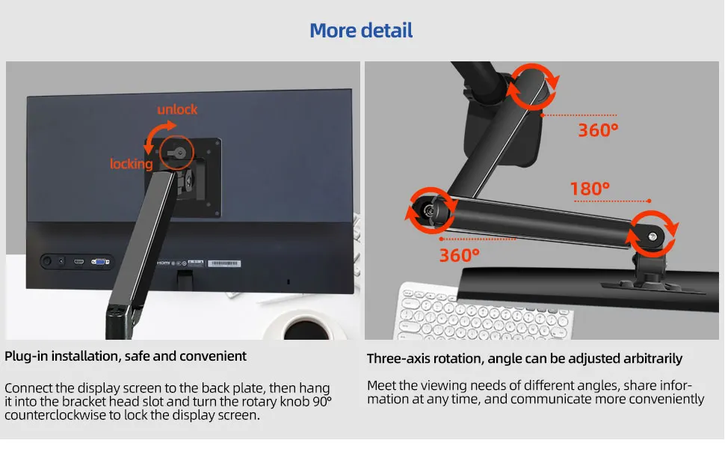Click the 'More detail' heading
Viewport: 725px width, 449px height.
tap(361, 31)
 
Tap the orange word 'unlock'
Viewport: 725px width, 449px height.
tap(177, 109)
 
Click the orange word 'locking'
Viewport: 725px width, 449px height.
tap(132, 164)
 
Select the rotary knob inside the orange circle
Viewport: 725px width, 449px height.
tap(179, 152)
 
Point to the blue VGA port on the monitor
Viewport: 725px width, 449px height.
tap(99, 262)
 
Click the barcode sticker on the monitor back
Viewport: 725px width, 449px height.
tap(223, 263)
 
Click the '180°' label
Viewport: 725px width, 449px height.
tap(590, 189)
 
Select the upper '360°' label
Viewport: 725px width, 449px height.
tap(598, 130)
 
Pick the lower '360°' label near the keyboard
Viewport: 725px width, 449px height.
tap(459, 255)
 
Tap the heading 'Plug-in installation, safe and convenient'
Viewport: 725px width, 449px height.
tap(126, 356)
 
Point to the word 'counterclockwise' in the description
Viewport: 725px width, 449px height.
tap(55, 415)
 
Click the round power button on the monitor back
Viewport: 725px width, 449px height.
tap(46, 261)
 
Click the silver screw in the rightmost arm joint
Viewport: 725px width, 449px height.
tap(652, 237)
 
